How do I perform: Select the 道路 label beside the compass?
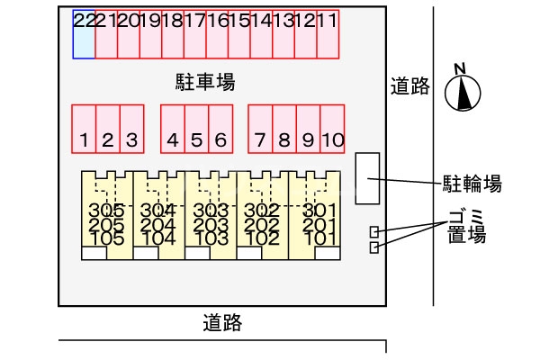click(409, 86)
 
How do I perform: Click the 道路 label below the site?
click(221, 321)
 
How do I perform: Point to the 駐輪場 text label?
click(472, 185)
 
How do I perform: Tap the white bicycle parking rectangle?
click(368, 177)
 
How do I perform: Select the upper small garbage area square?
click(374, 232)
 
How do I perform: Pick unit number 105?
click(107, 238)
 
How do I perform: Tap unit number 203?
click(211, 225)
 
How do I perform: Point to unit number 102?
click(263, 238)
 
